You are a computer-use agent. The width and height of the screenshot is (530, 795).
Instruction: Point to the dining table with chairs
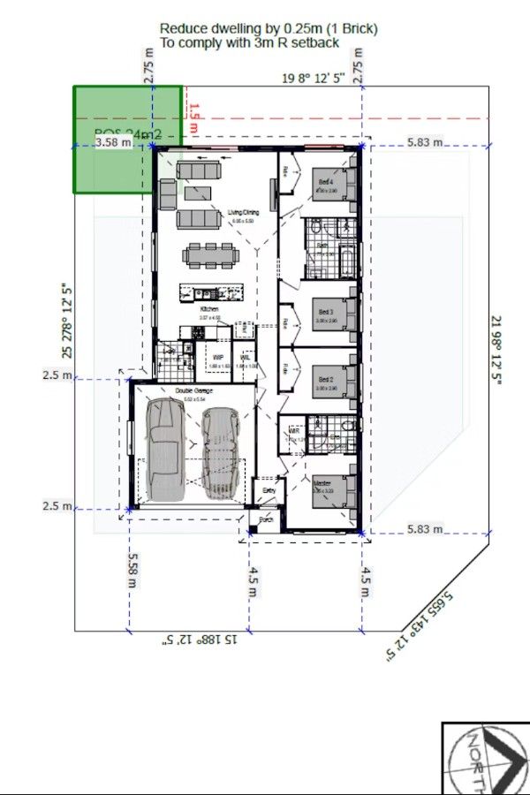tap(211, 256)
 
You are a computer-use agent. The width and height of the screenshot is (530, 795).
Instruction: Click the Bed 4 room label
tap(325, 182)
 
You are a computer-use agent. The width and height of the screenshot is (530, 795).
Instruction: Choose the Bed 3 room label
tap(325, 312)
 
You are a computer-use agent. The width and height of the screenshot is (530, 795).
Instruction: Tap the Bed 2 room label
tap(325, 380)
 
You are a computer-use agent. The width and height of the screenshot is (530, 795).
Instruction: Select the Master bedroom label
tap(322, 484)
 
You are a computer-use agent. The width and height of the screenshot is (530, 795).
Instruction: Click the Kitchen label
tap(208, 309)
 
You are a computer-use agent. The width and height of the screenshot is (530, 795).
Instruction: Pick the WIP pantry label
tap(216, 358)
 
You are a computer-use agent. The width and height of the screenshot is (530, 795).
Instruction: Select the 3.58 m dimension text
tap(113, 141)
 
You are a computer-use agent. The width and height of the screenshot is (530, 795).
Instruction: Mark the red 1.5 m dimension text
tap(194, 118)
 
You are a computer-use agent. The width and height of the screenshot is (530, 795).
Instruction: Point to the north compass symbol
tap(487, 758)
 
